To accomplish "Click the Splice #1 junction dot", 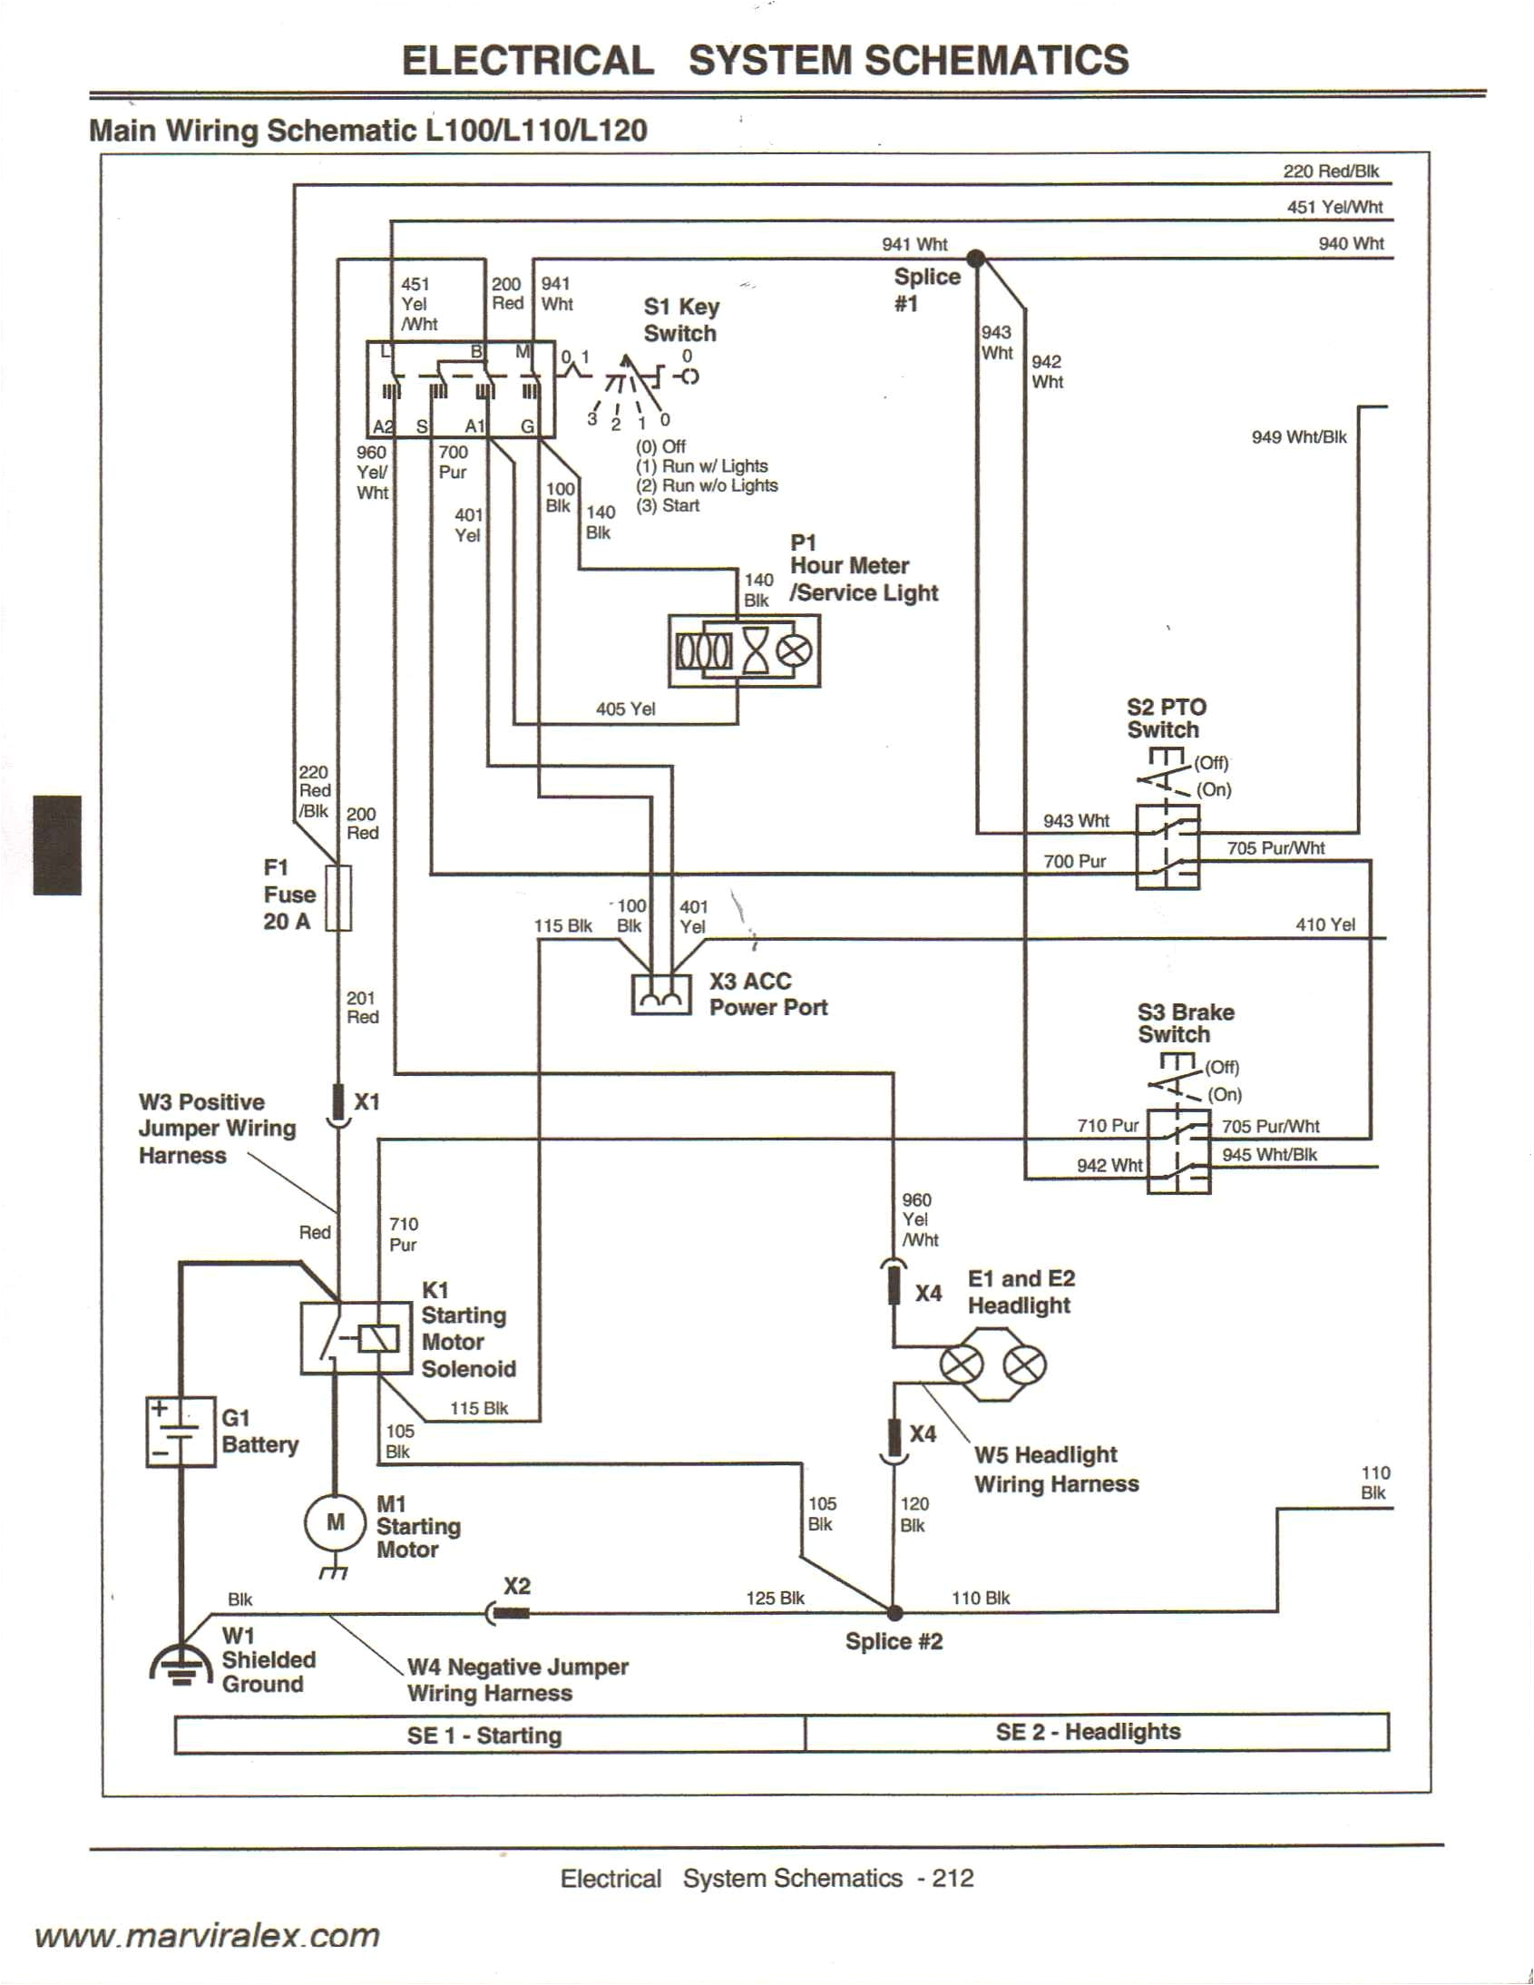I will point(975,259).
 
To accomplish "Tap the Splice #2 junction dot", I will point(894,1612).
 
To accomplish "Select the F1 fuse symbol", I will point(338,898).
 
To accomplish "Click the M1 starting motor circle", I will point(336,1521).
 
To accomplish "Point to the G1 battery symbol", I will point(181,1433).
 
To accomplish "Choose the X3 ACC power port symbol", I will point(660,995).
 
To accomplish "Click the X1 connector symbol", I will point(338,1104).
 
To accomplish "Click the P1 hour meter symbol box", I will point(743,650).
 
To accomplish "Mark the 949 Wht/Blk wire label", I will point(1299,437).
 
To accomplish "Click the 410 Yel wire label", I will point(1325,924).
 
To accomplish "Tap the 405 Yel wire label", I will point(625,709).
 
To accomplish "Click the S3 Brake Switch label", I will point(1184,1022).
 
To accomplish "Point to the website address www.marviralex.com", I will point(207,1935).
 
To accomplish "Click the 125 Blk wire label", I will point(775,1598).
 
